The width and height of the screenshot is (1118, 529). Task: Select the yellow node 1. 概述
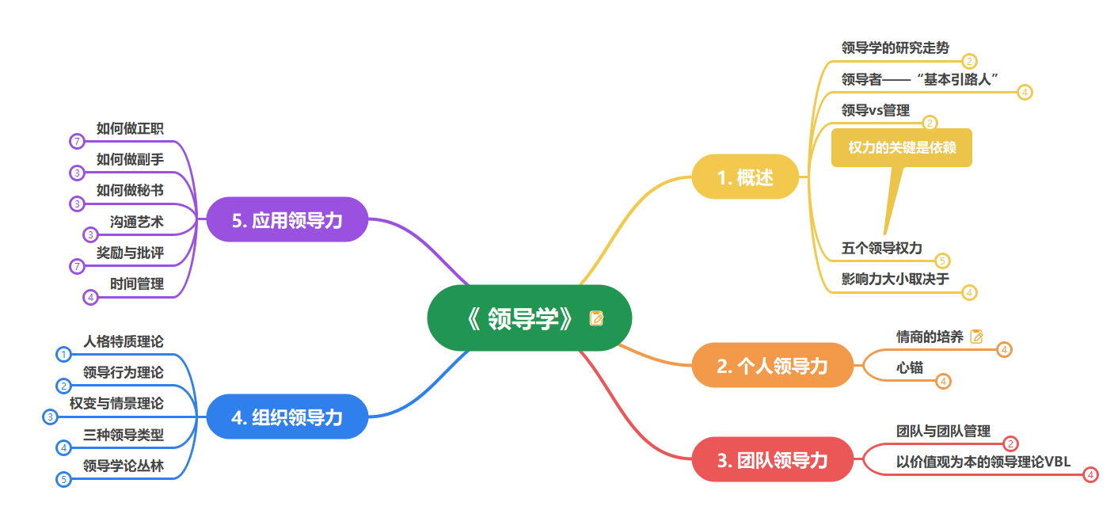pyautogui.click(x=745, y=177)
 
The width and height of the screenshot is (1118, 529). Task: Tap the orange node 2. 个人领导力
pyautogui.click(x=772, y=365)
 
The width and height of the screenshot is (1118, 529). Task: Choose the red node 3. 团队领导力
pyautogui.click(x=772, y=459)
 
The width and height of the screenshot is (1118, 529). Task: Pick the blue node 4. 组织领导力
pyautogui.click(x=287, y=417)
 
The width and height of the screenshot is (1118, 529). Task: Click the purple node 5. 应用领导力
pyautogui.click(x=287, y=219)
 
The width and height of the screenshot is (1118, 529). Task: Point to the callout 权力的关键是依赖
pyautogui.click(x=901, y=148)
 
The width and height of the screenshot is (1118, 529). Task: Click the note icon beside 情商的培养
pyautogui.click(x=977, y=337)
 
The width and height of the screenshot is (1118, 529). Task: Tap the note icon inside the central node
pyautogui.click(x=596, y=318)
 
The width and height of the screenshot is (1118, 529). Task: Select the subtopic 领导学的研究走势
pyautogui.click(x=895, y=48)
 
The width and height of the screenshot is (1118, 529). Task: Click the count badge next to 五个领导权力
pyautogui.click(x=942, y=261)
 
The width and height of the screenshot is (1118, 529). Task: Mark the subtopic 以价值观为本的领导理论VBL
pyautogui.click(x=983, y=462)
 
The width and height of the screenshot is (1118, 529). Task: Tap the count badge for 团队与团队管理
pyautogui.click(x=1010, y=444)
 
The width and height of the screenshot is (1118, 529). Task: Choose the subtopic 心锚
pyautogui.click(x=909, y=367)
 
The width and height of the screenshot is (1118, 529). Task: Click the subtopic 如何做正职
pyautogui.click(x=130, y=128)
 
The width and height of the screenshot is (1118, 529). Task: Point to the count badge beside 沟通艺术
pyautogui.click(x=91, y=234)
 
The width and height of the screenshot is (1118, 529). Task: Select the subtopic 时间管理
pyautogui.click(x=136, y=284)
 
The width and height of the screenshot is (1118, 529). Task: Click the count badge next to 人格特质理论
pyautogui.click(x=63, y=355)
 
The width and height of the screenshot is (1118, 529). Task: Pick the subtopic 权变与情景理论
pyautogui.click(x=116, y=403)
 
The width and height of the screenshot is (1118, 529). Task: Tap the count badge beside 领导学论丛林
pyautogui.click(x=63, y=479)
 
